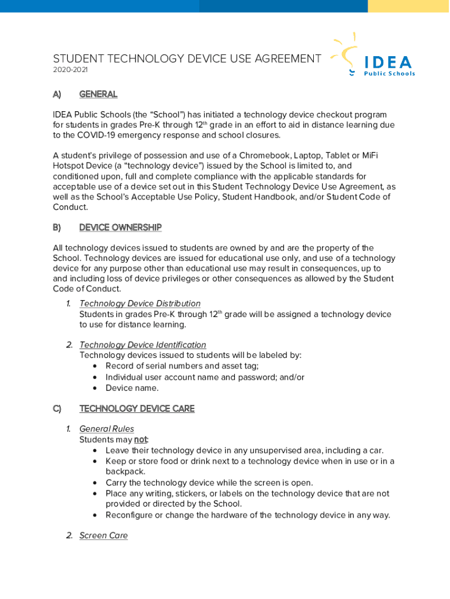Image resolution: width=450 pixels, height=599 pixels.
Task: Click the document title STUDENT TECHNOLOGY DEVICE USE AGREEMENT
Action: click(187, 59)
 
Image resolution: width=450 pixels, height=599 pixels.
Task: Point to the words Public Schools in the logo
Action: click(389, 74)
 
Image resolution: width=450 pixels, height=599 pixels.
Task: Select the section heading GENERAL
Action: click(98, 94)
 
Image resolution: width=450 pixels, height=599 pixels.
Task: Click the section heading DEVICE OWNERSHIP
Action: click(120, 228)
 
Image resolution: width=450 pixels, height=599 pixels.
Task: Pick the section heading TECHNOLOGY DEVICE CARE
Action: click(137, 408)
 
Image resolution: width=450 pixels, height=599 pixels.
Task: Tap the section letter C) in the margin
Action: click(57, 408)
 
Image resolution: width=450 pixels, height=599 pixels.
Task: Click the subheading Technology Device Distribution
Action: click(140, 304)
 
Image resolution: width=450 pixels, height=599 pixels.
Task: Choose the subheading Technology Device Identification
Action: click(143, 345)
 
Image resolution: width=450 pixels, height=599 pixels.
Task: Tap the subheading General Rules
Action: click(106, 429)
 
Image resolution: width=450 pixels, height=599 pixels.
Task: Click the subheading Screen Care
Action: click(103, 535)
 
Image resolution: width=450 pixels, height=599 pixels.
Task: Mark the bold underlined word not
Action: click(141, 440)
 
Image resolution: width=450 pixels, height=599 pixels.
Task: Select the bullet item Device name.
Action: click(132, 388)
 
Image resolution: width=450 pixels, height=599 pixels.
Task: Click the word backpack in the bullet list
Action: click(126, 471)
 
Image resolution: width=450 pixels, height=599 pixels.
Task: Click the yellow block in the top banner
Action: click(409, 6)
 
